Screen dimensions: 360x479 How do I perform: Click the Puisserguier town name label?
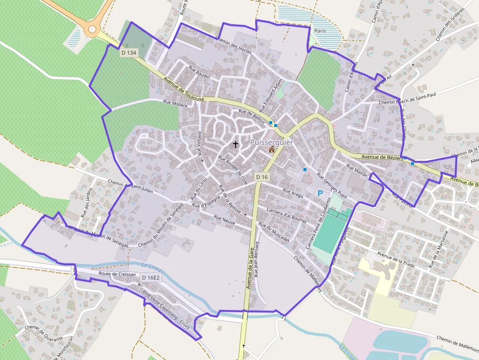coord(272,143)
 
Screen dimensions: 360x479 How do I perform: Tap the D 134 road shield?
coord(129,53)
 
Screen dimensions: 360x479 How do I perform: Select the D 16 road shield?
coord(262,177)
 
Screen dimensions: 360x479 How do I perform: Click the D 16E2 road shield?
coord(151,278)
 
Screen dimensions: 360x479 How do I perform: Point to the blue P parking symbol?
coord(320,193)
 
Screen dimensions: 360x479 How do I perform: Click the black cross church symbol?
coord(236,145)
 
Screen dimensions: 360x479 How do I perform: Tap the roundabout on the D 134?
coord(92,29)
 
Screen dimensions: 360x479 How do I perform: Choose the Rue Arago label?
coord(293,192)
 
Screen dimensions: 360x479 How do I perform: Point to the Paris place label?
coord(320,31)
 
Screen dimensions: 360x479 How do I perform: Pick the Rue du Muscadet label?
coord(274,233)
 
